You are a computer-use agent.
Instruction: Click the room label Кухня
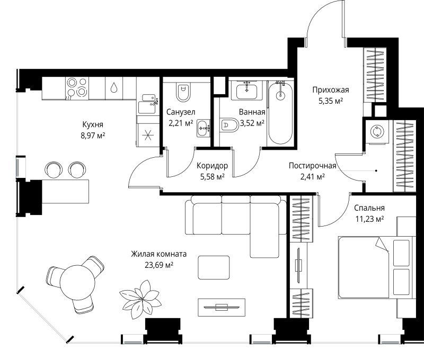(93, 124)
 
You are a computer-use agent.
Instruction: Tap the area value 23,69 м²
(159, 265)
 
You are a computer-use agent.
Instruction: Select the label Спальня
(369, 208)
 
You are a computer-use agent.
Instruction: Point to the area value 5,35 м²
(331, 101)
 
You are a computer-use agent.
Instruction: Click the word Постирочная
(313, 166)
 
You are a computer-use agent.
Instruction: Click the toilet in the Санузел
(183, 92)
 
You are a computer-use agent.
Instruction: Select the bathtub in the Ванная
(280, 113)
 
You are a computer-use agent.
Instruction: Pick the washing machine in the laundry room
(377, 132)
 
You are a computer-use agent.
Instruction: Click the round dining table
(77, 283)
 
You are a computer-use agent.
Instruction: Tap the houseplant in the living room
(140, 299)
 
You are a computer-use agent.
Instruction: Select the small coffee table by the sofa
(214, 267)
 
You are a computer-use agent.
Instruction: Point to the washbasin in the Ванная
(246, 91)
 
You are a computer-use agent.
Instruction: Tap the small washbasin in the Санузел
(204, 128)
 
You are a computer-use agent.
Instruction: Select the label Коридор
(213, 166)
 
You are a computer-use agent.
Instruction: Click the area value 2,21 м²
(181, 123)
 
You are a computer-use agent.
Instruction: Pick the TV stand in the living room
(222, 308)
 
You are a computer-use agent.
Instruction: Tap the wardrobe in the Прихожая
(375, 75)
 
